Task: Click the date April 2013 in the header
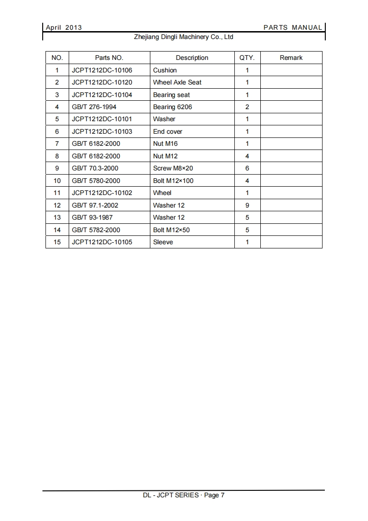pos(64,27)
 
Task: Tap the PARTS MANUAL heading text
pos(292,27)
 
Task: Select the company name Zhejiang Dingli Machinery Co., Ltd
pos(184,37)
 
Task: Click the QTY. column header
pos(247,58)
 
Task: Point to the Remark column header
pos(291,58)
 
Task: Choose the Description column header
pos(192,58)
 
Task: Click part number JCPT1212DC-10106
pos(102,70)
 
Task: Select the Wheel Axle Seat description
pos(177,83)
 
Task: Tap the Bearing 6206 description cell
pos(172,107)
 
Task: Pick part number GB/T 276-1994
pos(94,107)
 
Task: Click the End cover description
pos(168,131)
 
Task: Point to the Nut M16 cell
pos(165,144)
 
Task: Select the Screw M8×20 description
pos(173,168)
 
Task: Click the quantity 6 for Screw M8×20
pos(247,168)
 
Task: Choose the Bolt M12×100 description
pos(173,181)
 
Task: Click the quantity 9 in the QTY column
pos(247,205)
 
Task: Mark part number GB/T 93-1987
pos(92,217)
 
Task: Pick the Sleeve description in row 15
pos(163,242)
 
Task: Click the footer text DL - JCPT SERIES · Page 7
pos(184,495)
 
